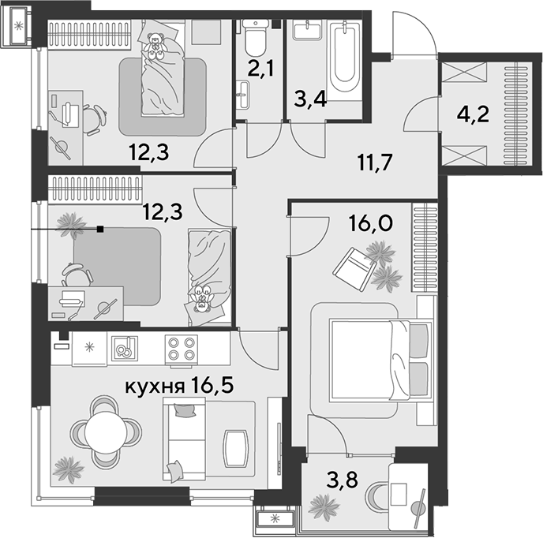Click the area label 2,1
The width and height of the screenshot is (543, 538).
pos(260,68)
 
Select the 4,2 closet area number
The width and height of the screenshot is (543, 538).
pos(473,114)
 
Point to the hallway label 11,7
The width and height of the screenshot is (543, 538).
pos(376,162)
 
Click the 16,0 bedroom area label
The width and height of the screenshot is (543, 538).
pos(371,222)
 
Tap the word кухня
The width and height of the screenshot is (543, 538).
pos(155,387)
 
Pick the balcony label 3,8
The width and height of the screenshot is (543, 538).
pos(342,480)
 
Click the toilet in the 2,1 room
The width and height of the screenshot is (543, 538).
pos(255,37)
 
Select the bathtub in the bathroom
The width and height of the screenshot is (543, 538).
pos(345,57)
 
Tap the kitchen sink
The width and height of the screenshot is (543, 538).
pos(125,349)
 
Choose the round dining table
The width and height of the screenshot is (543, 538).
pos(106,432)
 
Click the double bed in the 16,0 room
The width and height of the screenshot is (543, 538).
pos(381,360)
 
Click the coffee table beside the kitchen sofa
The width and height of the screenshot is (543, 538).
pos(236,448)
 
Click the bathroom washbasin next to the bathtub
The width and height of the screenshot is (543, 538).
pos(307,30)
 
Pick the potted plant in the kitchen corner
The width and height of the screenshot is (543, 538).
pos(68,470)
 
